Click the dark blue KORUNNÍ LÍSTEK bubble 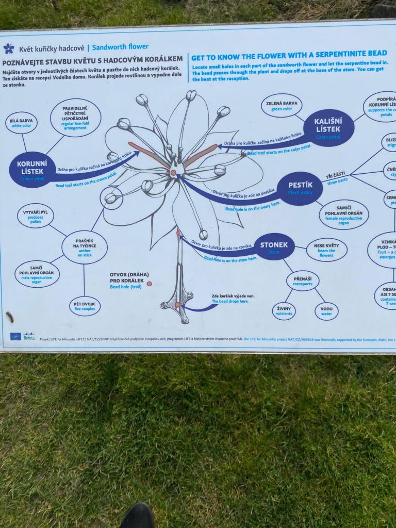click(32, 170)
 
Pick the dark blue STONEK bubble click(274, 246)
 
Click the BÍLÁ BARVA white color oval click(21, 123)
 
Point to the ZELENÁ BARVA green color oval click(281, 105)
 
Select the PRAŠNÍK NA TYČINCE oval click(84, 247)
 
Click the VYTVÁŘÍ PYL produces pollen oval click(35, 216)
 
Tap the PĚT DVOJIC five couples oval click(85, 306)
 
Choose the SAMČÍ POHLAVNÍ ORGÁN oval click(37, 274)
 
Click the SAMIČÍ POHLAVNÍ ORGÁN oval click(343, 214)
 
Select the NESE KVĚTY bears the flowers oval click(326, 250)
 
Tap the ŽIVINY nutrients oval click(284, 311)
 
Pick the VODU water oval click(326, 311)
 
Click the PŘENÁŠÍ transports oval click(303, 281)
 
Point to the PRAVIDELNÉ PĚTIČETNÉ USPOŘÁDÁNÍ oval click(75, 117)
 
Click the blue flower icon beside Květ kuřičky click(9, 48)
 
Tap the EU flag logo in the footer click(15, 336)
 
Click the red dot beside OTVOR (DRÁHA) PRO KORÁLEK click(149, 284)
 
